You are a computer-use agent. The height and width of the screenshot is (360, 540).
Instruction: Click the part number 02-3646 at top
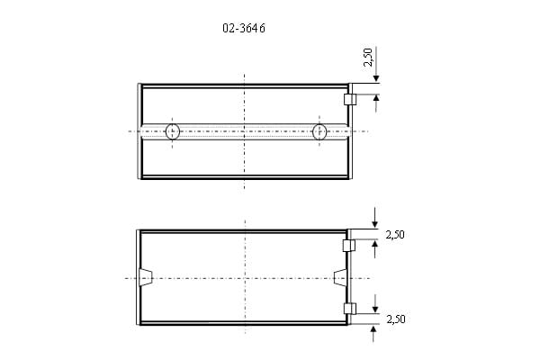(244, 28)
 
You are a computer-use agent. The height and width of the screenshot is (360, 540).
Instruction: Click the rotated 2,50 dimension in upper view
(368, 58)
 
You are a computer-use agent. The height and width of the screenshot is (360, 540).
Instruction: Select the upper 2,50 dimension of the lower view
(395, 235)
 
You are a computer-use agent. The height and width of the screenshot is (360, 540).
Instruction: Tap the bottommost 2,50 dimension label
(396, 319)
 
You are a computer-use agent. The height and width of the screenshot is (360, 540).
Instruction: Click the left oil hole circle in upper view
(173, 131)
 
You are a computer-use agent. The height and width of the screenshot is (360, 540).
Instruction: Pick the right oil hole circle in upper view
(319, 131)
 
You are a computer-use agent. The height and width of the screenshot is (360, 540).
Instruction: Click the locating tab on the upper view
(350, 100)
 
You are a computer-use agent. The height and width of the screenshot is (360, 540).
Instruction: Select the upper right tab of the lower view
(349, 246)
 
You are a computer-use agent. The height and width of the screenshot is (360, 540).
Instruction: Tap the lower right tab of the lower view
(350, 309)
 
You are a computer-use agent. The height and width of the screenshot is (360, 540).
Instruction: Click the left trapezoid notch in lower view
(145, 277)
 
